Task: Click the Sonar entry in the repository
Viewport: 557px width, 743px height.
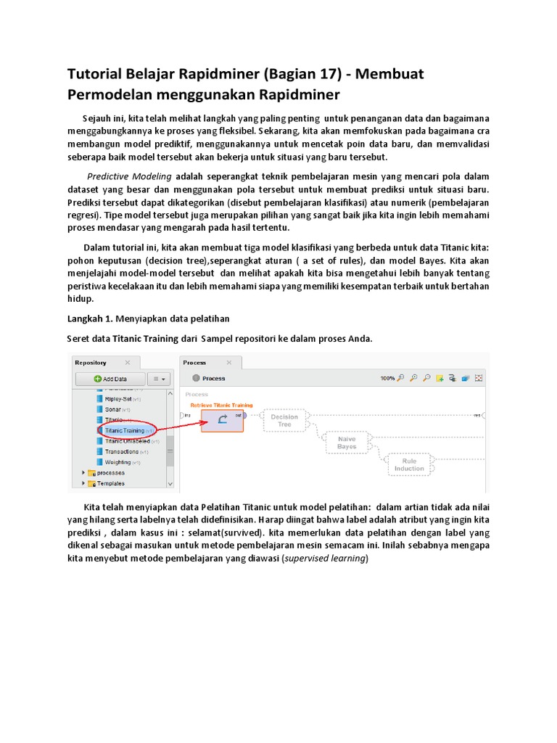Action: point(117,409)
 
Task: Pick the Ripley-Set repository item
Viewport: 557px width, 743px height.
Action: point(118,398)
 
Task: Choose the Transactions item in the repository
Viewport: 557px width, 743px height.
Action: point(121,451)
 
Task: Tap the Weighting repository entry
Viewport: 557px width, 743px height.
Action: point(117,462)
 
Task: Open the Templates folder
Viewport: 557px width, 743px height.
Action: point(110,483)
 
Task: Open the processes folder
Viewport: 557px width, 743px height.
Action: point(110,472)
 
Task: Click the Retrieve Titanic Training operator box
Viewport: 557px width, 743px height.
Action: point(222,421)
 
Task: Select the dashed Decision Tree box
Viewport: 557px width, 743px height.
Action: point(284,421)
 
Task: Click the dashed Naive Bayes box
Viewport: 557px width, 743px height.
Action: point(347,443)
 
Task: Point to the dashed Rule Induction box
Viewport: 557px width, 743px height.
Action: point(409,464)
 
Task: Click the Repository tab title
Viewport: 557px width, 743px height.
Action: point(91,362)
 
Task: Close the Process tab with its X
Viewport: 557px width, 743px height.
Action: point(230,362)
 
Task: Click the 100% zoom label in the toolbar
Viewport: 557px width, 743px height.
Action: point(388,378)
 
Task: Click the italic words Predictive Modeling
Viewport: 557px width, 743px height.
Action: point(129,176)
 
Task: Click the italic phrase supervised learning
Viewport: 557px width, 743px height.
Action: point(325,558)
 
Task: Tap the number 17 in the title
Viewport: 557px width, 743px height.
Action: point(308,74)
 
